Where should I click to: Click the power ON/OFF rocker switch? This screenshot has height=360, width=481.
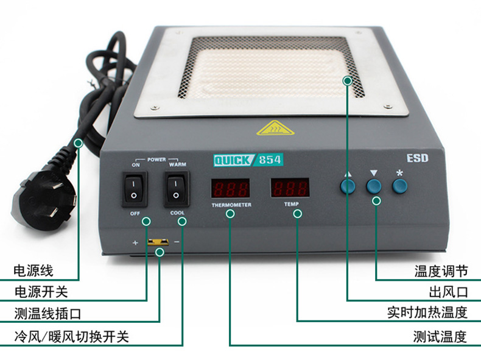point(135,189)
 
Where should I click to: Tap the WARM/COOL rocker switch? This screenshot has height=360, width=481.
point(176,189)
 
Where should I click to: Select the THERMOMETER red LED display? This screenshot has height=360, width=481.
point(230,188)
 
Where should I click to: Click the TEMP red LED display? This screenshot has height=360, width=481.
point(290,188)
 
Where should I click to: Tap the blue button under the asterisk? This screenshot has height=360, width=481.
point(399,186)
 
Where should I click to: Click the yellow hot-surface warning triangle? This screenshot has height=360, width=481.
point(275,128)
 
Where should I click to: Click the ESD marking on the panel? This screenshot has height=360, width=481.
point(417,158)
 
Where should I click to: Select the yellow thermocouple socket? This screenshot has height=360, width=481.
point(158,242)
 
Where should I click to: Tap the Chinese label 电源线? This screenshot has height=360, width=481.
point(33,271)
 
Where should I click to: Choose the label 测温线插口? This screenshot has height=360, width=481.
point(47,314)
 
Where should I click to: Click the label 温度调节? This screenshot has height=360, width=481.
point(441,271)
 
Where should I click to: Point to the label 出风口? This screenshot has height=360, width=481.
point(448,292)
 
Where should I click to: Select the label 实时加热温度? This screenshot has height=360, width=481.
point(427,312)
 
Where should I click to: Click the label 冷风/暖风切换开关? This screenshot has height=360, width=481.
point(71,337)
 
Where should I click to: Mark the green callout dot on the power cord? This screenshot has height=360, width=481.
point(79,143)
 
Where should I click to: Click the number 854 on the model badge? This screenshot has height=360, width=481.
point(270,160)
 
